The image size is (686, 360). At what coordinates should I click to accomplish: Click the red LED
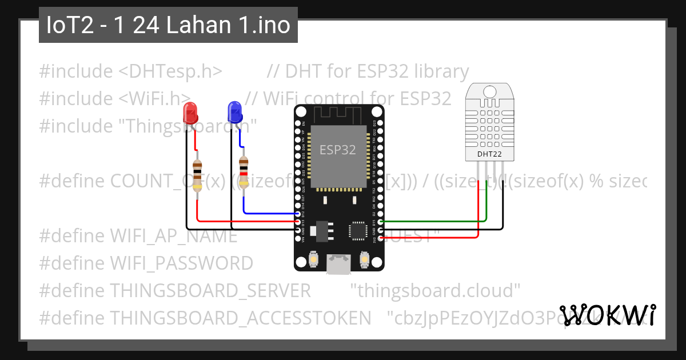pos(189,113)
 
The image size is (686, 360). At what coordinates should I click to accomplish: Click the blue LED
pos(234,111)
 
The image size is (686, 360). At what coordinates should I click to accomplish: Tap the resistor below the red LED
pos(197,174)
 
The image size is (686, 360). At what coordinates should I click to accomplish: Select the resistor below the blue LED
pos(244,172)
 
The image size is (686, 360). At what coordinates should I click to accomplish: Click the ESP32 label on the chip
pos(337,150)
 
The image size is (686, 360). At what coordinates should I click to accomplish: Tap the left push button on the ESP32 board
pos(313,261)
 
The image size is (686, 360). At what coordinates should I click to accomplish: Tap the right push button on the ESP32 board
pos(364,261)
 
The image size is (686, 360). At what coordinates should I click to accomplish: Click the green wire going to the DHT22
pos(434,221)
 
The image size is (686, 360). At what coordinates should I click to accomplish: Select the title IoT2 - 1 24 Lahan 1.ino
pos(168,26)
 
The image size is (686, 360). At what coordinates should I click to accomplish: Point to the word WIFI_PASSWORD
pos(181,263)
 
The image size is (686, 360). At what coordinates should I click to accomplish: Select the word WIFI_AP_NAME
pos(173,235)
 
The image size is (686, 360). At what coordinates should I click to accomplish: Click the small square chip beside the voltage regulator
pos(358,230)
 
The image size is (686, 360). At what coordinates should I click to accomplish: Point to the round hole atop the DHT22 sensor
pos(490,91)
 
